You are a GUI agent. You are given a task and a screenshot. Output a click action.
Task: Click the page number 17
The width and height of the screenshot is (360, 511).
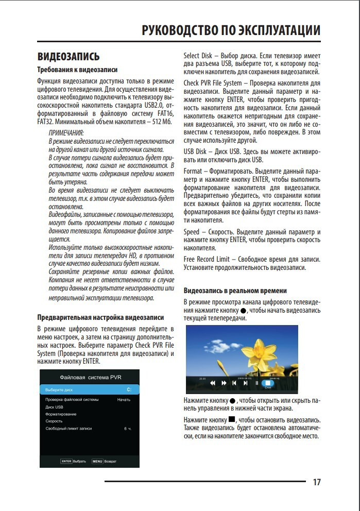(317, 482)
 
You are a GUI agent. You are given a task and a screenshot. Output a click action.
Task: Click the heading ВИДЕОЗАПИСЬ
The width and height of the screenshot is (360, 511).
(68, 56)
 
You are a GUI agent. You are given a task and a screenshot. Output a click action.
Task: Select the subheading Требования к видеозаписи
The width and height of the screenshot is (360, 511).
(78, 70)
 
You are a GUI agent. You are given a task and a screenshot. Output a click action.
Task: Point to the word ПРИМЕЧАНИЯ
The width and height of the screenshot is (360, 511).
(66, 132)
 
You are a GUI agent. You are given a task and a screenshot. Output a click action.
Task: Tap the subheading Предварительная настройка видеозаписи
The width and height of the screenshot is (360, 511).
(101, 317)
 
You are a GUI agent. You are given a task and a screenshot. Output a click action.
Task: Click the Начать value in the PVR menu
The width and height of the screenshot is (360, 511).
(124, 400)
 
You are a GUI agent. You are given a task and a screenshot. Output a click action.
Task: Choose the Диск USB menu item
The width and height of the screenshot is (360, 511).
(54, 407)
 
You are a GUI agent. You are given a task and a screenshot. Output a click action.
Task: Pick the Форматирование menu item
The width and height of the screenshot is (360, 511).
(61, 414)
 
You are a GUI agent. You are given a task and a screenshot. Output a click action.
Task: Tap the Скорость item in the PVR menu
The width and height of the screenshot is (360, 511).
(54, 421)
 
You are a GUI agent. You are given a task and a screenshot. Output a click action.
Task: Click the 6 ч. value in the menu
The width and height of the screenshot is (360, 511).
(127, 429)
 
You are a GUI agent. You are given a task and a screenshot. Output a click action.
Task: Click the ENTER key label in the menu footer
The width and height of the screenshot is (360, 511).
(66, 461)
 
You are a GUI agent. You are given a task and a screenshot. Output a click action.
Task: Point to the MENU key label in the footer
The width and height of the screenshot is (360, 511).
(97, 461)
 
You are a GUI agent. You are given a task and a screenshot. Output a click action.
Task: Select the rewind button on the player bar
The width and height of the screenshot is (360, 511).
(212, 383)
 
